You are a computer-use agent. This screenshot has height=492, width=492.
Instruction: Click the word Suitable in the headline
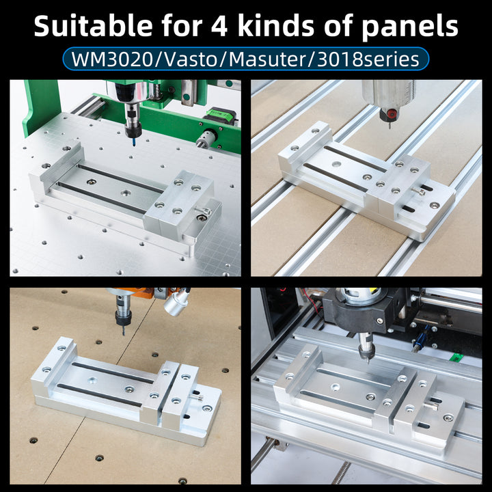tap(93, 26)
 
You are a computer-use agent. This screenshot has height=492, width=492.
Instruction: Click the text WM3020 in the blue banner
tap(112, 59)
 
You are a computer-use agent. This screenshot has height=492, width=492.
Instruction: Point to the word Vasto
tap(188, 59)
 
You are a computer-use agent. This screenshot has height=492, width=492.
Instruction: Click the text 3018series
tap(368, 59)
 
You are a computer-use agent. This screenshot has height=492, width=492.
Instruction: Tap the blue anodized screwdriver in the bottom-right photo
tap(420, 339)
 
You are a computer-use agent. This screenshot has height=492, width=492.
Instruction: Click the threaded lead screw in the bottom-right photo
tap(341, 473)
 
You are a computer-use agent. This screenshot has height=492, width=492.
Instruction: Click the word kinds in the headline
tap(276, 26)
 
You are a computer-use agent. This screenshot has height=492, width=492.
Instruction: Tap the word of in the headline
tap(338, 26)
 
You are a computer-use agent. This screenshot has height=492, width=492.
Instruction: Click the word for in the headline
tap(182, 26)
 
